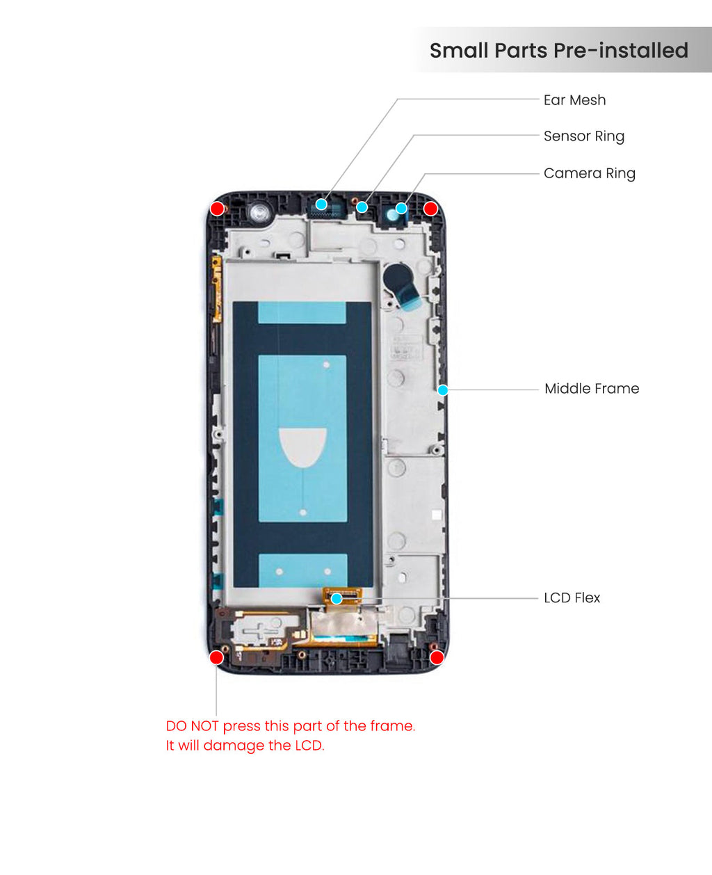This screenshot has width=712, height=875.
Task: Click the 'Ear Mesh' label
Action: coord(574,100)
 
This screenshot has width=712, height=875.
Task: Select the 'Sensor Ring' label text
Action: coord(584,136)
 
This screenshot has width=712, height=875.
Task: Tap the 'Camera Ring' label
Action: coord(589,173)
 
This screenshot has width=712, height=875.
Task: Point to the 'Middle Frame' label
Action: coord(592,389)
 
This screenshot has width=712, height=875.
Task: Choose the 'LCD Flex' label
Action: coord(572,597)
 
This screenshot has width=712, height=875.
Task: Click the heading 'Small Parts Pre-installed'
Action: coord(559,51)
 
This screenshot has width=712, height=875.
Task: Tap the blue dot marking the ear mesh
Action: coord(321,204)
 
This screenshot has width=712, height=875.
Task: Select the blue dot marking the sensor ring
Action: coord(362,207)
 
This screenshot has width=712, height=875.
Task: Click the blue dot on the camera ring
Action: coord(401,208)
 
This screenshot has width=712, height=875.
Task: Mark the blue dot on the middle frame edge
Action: coord(443,390)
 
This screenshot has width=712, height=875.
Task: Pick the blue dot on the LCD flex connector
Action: coord(337,599)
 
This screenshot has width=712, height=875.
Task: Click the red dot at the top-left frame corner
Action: coord(217,209)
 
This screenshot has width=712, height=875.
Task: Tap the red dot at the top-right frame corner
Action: coord(430,209)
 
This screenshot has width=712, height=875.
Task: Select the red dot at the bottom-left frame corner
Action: coord(216,657)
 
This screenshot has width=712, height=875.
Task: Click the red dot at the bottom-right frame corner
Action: coord(437,657)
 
